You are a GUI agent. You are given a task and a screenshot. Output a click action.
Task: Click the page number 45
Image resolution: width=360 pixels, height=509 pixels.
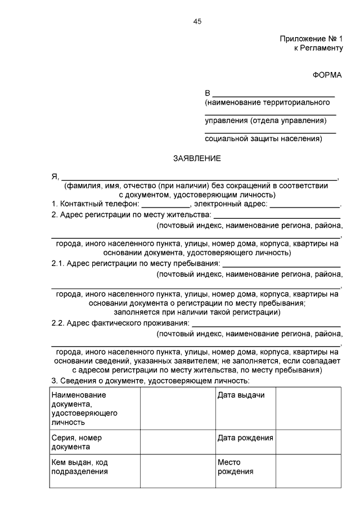coord(197,21)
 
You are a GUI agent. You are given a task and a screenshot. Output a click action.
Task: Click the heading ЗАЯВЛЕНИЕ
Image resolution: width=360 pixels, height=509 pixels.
coord(197,159)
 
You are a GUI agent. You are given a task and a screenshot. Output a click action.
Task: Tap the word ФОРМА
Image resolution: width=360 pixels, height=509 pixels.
coord(327,75)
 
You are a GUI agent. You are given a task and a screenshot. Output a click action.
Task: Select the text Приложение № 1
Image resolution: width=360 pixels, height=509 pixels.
coord(311,39)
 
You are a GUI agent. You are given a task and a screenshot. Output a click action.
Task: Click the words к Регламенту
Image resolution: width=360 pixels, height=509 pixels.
coord(318,48)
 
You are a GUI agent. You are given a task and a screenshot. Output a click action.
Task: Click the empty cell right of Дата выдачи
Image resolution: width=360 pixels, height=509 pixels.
coord(308,408)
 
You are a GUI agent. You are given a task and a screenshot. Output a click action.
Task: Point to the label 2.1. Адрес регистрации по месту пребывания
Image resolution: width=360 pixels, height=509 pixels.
coord(135,264)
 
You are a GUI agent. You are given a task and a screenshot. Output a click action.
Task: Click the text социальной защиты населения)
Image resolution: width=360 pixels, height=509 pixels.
coord(263,138)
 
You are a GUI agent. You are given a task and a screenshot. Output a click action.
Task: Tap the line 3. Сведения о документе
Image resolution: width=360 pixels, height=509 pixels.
coord(150,381)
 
